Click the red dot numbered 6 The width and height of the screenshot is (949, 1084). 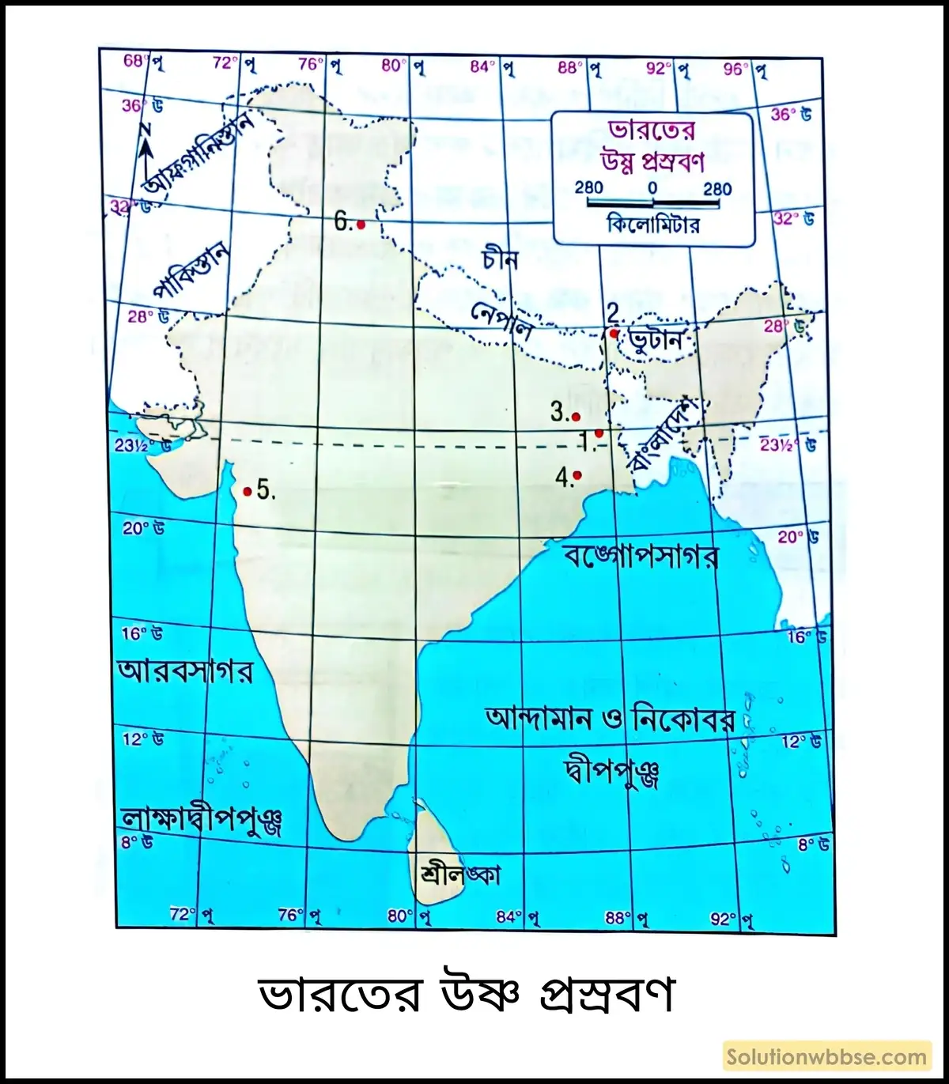click(x=361, y=225)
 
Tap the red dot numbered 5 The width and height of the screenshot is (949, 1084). click(x=248, y=492)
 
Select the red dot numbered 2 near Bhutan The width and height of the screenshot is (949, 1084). click(x=614, y=334)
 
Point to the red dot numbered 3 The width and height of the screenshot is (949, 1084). click(x=576, y=417)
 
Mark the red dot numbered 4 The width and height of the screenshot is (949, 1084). click(x=577, y=475)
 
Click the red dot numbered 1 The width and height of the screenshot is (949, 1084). click(x=599, y=432)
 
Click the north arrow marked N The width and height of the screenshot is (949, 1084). click(x=147, y=150)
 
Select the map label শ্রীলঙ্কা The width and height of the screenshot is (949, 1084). click(x=461, y=874)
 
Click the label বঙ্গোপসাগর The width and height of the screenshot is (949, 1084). click(x=641, y=556)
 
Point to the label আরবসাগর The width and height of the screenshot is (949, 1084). click(x=186, y=671)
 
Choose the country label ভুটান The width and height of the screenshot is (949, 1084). click(x=656, y=341)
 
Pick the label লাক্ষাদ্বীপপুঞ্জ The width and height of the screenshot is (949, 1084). click(x=201, y=821)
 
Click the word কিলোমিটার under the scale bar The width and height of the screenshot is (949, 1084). click(x=652, y=225)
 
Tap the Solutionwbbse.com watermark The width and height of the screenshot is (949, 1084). click(x=826, y=1057)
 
